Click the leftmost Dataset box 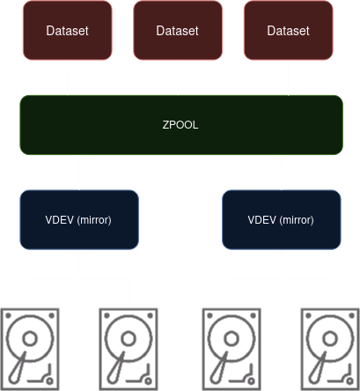tap(68, 30)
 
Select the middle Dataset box tap(178, 30)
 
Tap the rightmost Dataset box tap(289, 30)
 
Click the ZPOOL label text tap(180, 125)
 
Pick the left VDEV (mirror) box tap(79, 219)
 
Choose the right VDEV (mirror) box tap(282, 219)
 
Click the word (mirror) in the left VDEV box tap(94, 220)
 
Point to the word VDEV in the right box tap(261, 219)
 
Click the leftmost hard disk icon tap(30, 350)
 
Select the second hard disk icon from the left tap(129, 350)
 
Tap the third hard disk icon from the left tap(231, 350)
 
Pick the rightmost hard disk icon tap(330, 350)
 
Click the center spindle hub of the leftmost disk tap(30, 338)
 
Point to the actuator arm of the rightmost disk tap(318, 367)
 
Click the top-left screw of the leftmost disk tap(8, 315)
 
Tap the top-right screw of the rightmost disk tap(352, 315)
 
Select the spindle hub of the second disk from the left tap(129, 338)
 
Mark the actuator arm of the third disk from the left tap(219, 367)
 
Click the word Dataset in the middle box tap(178, 31)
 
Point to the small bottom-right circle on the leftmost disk tap(49, 381)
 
